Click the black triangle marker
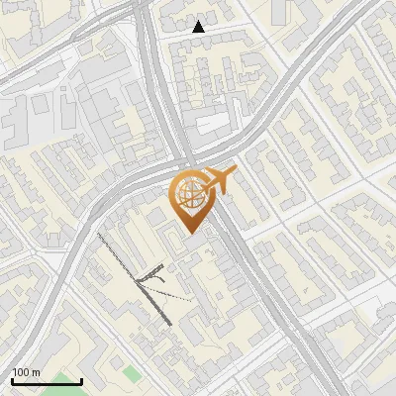click(x=199, y=27)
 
